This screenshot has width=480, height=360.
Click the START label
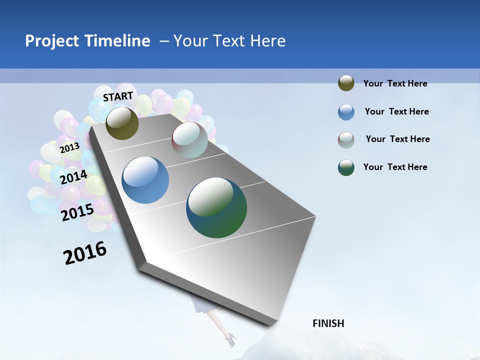point(118,96)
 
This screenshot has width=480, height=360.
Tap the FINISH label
point(328,323)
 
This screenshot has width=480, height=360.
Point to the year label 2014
point(74,177)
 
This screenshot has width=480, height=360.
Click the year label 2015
point(77,212)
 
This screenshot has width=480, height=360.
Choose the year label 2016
point(85,252)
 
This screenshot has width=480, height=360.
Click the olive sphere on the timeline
point(122,123)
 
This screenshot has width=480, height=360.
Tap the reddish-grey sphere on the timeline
point(189,140)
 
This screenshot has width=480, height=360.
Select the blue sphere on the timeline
point(145,180)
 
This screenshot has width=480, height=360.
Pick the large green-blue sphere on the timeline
point(216,207)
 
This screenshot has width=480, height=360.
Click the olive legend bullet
point(346,83)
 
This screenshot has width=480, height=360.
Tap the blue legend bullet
point(346,112)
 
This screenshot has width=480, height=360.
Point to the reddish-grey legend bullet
point(346,140)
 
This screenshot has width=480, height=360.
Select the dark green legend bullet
point(346,167)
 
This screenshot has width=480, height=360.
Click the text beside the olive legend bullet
point(395,84)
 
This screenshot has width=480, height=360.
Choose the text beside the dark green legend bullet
point(395,167)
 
